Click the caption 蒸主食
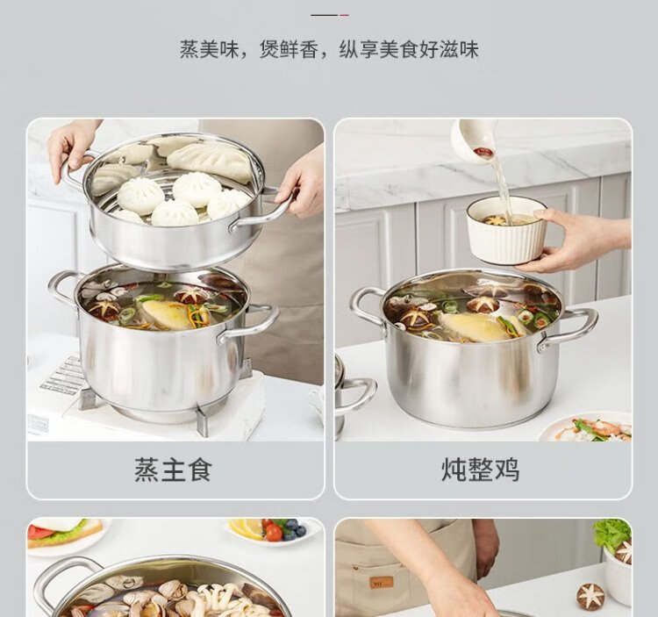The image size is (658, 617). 173,470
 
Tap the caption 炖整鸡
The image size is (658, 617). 481,470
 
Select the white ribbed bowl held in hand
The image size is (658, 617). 507,230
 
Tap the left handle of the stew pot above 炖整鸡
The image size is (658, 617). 365,305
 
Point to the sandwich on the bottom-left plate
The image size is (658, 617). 65,532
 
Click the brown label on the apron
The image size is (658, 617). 381,582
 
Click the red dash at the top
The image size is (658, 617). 344,15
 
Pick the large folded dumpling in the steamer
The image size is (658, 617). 210,161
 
